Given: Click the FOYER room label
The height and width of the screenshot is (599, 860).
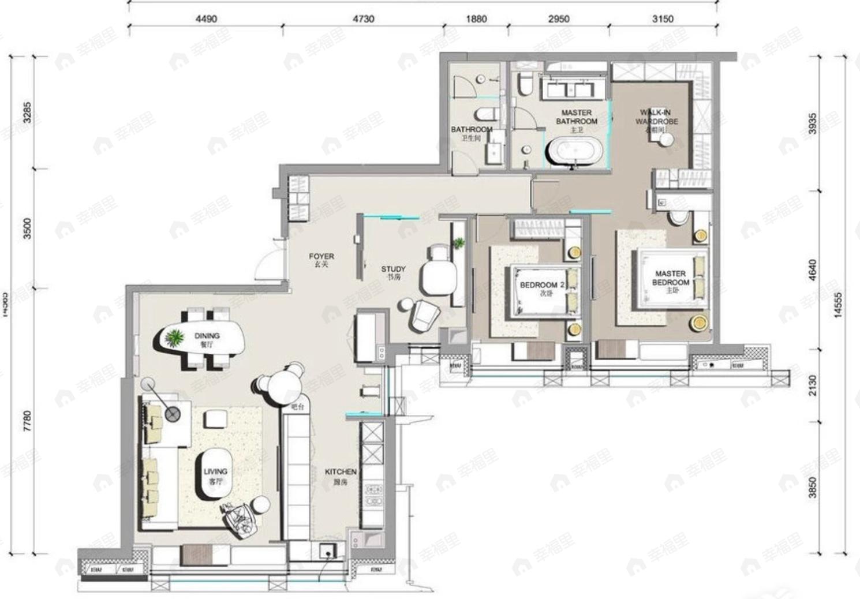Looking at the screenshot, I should [x=321, y=260].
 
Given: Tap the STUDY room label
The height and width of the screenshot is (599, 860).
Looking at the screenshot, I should [x=393, y=272].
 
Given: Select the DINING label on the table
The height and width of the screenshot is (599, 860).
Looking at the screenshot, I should [x=207, y=339].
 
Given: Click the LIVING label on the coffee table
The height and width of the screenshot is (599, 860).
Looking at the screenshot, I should [x=215, y=476].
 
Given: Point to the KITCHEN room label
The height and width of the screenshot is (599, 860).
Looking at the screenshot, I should [x=341, y=476].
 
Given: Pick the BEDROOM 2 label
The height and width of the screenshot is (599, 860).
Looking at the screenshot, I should [x=542, y=288].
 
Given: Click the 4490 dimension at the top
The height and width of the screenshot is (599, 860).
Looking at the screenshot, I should [x=206, y=19].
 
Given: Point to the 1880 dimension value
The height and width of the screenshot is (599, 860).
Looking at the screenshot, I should [x=476, y=19].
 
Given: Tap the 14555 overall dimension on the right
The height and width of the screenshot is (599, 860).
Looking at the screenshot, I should [x=838, y=304].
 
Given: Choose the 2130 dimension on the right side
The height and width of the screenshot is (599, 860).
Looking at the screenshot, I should [x=813, y=385].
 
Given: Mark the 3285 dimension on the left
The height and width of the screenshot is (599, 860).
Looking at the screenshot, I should [x=27, y=113].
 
